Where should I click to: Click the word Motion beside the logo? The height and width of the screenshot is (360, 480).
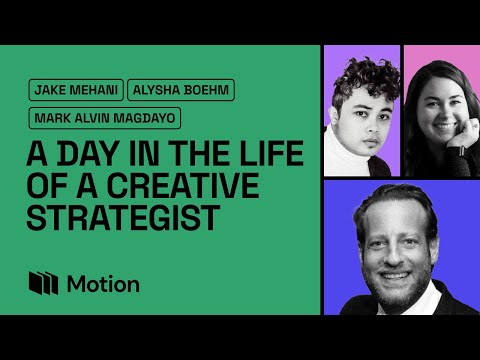103,283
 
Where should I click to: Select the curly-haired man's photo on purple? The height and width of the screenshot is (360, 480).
361,110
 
